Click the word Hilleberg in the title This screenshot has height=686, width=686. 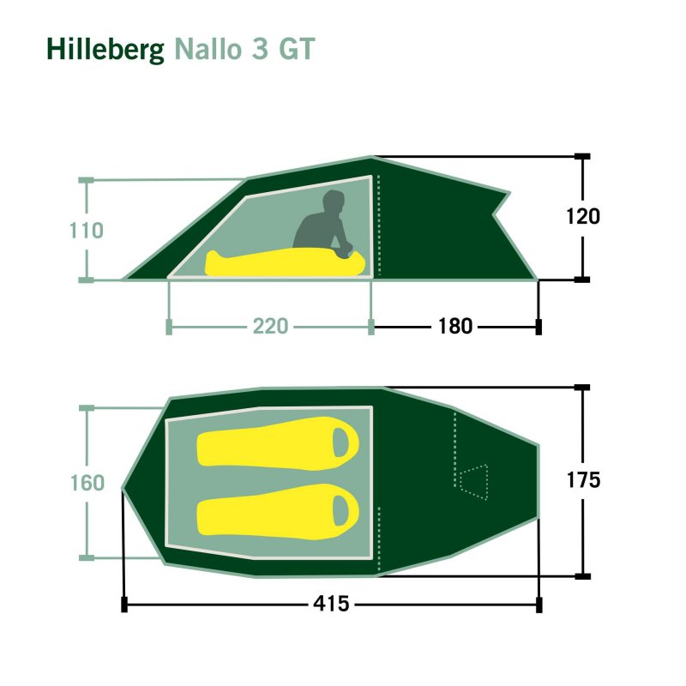105,50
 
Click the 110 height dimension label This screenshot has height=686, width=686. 87,230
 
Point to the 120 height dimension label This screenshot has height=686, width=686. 583,216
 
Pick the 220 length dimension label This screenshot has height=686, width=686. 270,327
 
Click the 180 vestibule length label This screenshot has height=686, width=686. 455,327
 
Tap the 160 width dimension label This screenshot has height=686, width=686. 87,483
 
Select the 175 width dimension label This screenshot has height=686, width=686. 583,480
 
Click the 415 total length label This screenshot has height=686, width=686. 331,604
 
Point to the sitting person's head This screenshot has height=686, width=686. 334,201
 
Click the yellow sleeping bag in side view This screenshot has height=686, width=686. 285,263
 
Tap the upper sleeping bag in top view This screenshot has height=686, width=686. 278,443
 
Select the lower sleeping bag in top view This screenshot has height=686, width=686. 278,510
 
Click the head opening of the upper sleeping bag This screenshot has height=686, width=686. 340,442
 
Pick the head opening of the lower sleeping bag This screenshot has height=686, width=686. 340,510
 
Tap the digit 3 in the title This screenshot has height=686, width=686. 260,49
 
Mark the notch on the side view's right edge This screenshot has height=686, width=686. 494,214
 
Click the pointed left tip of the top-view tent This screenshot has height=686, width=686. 123,488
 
